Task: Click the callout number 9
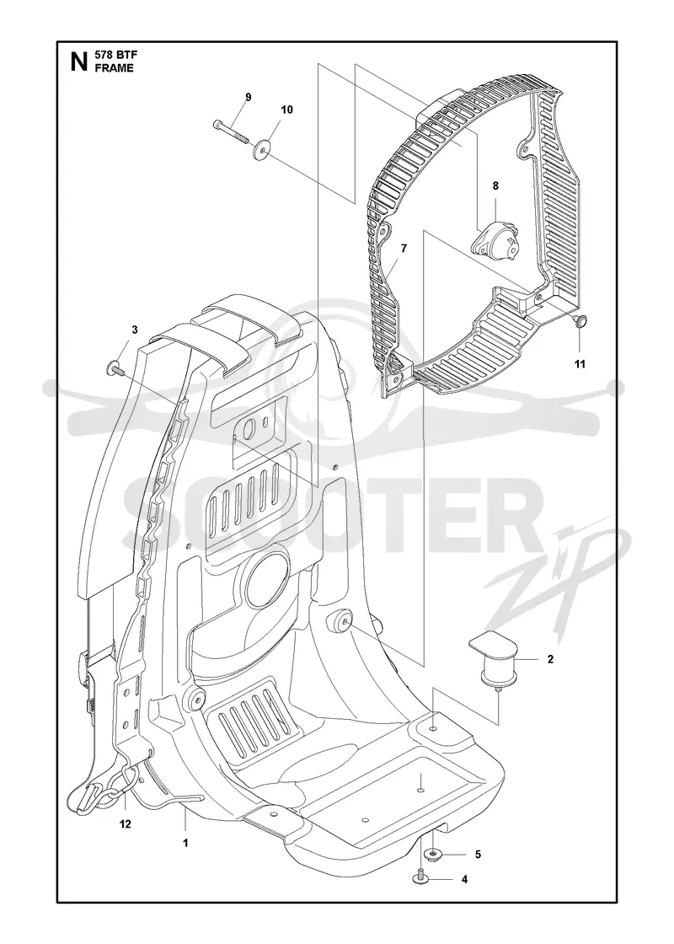(x=248, y=98)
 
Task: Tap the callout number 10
(x=287, y=110)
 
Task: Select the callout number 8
(x=495, y=186)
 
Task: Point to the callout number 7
(x=404, y=248)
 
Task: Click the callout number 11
(x=580, y=363)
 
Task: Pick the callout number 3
(x=135, y=330)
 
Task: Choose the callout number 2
(x=550, y=659)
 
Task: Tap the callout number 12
(x=126, y=824)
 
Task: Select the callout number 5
(x=478, y=855)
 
